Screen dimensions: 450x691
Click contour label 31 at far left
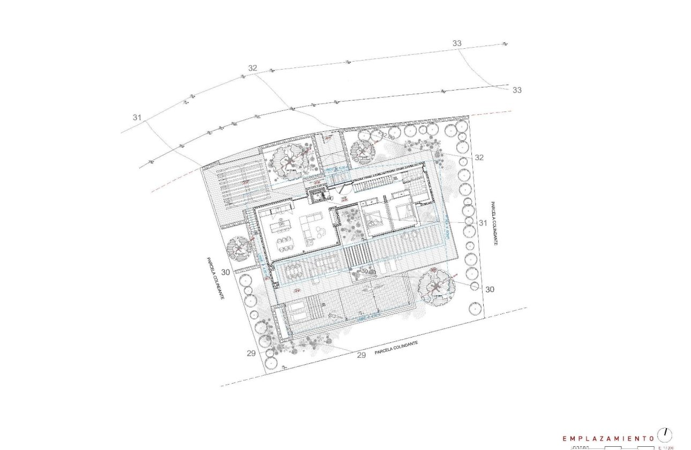pos(137,117)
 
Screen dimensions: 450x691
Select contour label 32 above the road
pos(253,68)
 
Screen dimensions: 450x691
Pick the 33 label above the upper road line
pos(457,43)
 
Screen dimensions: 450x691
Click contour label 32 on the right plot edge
pos(479,157)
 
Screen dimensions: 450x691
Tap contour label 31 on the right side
pos(483,222)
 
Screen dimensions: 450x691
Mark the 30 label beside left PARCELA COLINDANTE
pos(226,272)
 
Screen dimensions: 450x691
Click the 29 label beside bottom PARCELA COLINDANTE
pos(361,355)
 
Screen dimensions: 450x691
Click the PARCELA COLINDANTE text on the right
pos(493,223)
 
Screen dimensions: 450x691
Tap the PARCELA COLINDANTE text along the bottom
pos(396,348)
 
